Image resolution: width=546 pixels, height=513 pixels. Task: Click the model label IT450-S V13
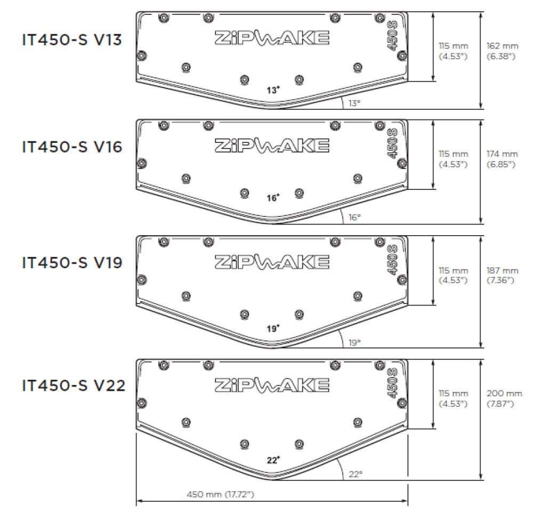[x=72, y=41]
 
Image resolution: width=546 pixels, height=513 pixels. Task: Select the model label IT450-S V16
[x=72, y=147]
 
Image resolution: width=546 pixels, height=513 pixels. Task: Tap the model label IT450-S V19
[x=72, y=263]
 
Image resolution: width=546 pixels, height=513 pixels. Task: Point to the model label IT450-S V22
[x=74, y=385]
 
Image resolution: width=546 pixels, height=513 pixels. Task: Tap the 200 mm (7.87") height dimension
[x=504, y=398]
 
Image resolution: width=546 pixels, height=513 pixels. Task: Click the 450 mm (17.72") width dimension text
[x=220, y=494]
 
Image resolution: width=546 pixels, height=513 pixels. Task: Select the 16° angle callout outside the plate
[x=355, y=217]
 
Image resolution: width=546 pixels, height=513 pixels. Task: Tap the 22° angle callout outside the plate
[x=356, y=473]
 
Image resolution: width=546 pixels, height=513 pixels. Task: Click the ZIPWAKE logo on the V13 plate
[x=271, y=37]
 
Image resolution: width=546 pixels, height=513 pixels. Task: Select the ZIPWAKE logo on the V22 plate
[x=271, y=384]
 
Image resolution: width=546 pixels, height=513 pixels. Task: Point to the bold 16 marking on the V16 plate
[x=272, y=198]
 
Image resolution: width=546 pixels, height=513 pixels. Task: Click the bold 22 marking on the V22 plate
[x=273, y=459]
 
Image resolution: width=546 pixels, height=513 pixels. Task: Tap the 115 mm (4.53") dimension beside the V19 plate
[x=453, y=275]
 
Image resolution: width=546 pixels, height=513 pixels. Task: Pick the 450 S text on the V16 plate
[x=392, y=143]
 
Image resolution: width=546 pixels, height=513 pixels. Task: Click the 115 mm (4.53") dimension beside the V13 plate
[x=453, y=51]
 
